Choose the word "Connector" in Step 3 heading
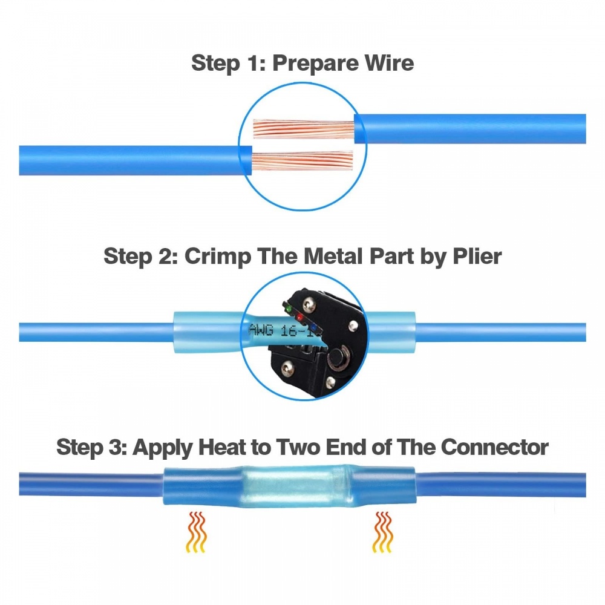tap(494, 448)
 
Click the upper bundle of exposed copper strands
tap(302, 129)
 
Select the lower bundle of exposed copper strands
tap(302, 162)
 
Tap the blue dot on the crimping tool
tap(313, 329)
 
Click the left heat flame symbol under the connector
tap(195, 532)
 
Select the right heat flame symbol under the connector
tap(382, 532)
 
